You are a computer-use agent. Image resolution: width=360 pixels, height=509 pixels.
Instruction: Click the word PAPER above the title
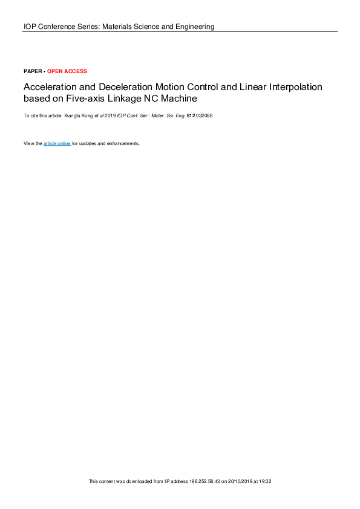point(32,71)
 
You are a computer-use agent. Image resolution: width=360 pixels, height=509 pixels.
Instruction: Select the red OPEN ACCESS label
point(67,71)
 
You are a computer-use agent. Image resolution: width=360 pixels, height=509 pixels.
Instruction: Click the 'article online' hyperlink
point(57,143)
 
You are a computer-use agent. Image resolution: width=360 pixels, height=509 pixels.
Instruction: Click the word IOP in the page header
point(30,27)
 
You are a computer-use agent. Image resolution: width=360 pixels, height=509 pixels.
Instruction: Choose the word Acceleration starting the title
point(47,86)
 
